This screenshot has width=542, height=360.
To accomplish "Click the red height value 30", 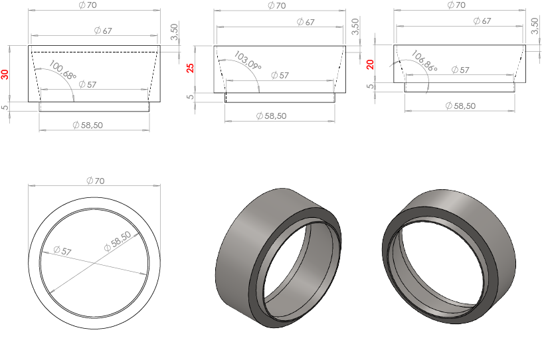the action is (5, 74).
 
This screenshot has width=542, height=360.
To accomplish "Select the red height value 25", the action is (190, 68).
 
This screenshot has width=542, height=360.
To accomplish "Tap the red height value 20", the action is (370, 64).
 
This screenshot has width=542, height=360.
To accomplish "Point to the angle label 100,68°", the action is (62, 70).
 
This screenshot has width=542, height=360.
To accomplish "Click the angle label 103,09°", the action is (248, 60).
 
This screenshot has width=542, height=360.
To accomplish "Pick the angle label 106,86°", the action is (424, 61).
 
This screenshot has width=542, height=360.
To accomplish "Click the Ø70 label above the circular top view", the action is (96, 181).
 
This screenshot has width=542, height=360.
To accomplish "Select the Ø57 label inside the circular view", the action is (62, 250).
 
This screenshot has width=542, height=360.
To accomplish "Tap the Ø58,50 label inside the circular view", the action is (118, 240).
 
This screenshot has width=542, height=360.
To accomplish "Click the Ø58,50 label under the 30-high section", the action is (88, 125).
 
